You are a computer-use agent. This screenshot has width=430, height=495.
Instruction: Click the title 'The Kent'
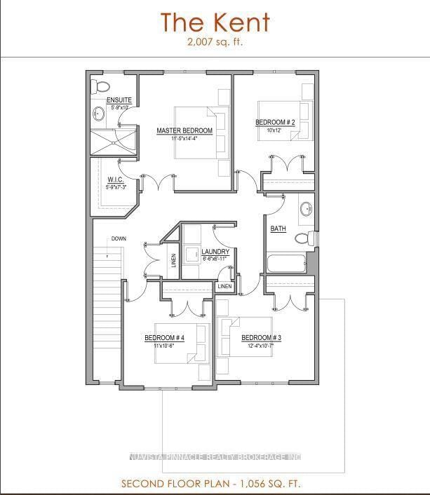coord(215,22)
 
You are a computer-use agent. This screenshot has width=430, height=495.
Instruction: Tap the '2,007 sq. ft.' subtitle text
coord(215,42)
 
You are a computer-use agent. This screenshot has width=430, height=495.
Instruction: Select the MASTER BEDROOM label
coord(184,131)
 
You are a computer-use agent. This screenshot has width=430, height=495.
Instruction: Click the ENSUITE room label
coord(119,101)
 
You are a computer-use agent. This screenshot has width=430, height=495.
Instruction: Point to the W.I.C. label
coord(116,180)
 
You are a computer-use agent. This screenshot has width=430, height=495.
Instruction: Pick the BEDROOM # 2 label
coord(274,123)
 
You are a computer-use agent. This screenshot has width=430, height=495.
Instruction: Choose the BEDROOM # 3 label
coord(261,338)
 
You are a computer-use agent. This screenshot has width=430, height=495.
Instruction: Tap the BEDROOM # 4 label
coord(164,338)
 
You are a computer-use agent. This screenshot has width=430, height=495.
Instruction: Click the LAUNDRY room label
coord(215,252)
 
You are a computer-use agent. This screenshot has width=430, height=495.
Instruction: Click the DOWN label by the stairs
coord(118,239)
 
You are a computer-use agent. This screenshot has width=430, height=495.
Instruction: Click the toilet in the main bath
coord(302,238)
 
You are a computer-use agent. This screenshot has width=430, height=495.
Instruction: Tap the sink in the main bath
coord(306,209)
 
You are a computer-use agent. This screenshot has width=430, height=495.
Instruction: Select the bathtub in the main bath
coord(286,264)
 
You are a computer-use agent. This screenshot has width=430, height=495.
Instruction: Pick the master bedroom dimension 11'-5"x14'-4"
coord(184,139)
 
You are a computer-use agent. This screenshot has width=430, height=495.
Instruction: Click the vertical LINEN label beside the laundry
coord(174,260)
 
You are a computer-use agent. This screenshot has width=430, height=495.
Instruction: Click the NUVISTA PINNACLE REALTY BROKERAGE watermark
coord(215,458)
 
